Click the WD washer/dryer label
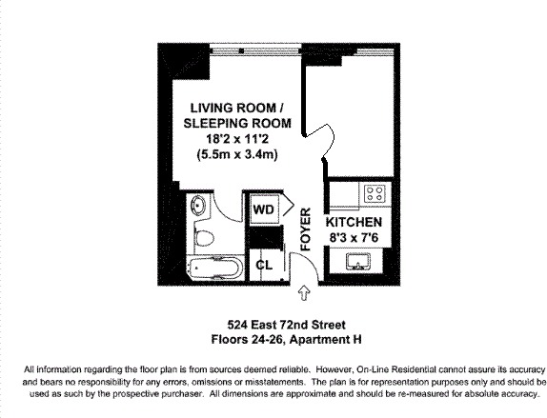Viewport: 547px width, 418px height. [x=263, y=207]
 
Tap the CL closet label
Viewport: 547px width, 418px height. [x=264, y=265]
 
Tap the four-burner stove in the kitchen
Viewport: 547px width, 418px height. [x=376, y=194]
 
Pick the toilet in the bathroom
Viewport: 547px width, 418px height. [x=204, y=237]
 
